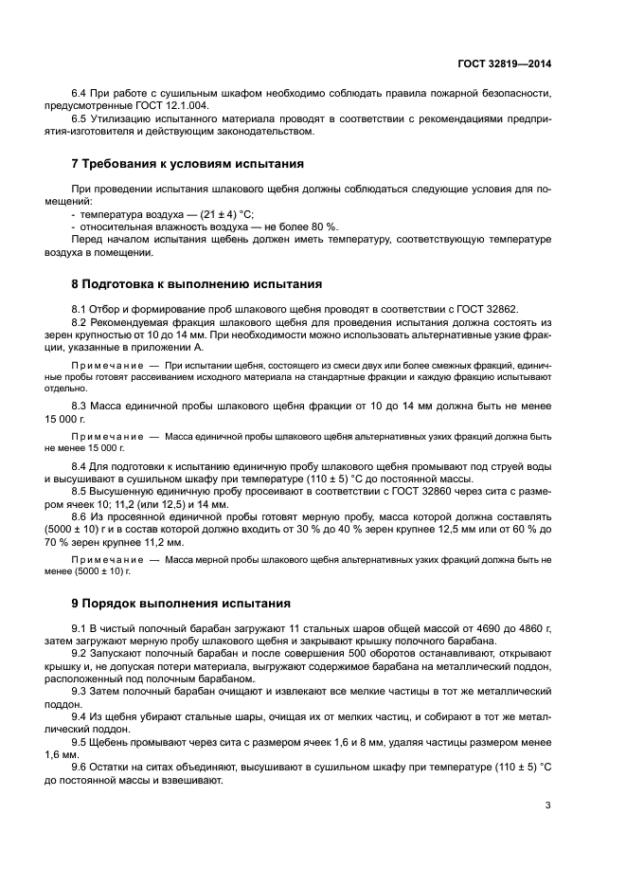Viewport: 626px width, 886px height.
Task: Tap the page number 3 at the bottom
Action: click(x=548, y=805)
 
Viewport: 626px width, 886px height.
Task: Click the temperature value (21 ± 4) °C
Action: click(x=222, y=214)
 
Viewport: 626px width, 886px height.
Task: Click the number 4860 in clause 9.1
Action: click(x=517, y=628)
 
